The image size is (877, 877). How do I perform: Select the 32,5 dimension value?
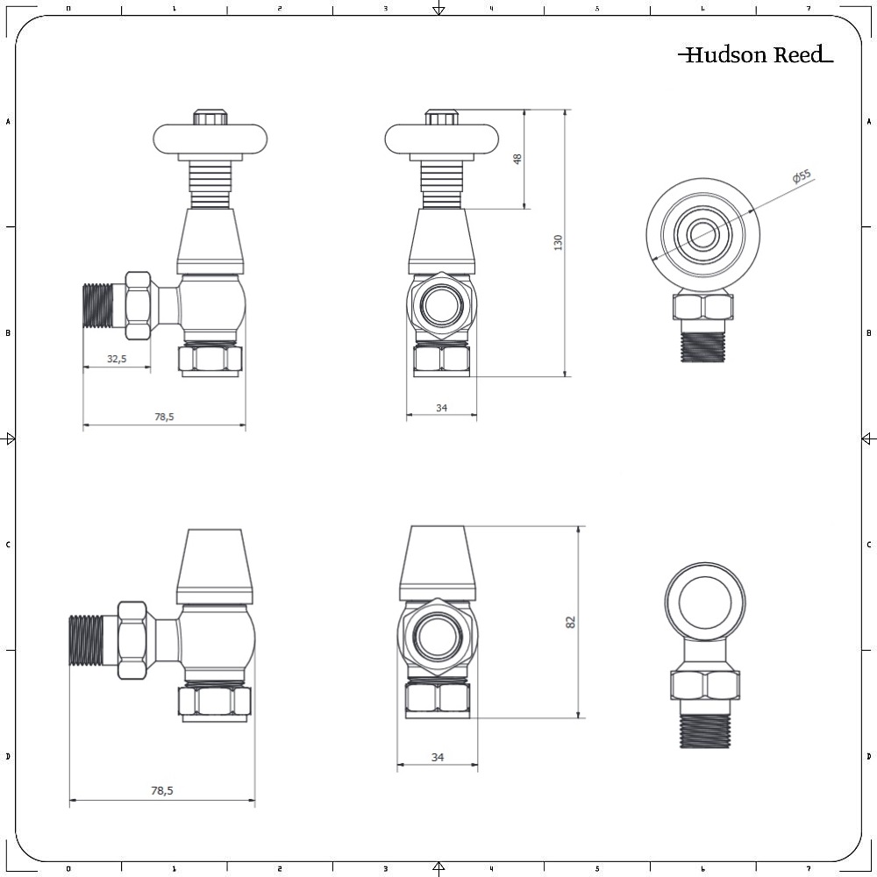(117, 359)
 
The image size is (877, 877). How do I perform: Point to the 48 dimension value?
(517, 159)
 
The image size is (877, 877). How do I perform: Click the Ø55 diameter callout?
(802, 177)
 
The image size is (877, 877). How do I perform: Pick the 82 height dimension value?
(571, 622)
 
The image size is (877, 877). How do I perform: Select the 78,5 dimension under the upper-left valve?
(164, 417)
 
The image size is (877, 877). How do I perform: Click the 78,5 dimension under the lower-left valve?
(162, 790)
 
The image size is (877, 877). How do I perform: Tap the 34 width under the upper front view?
(441, 408)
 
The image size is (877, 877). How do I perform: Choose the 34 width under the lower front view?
(438, 757)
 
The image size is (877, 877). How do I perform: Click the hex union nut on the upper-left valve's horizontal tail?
(139, 305)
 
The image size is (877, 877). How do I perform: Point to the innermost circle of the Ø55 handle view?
(701, 235)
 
